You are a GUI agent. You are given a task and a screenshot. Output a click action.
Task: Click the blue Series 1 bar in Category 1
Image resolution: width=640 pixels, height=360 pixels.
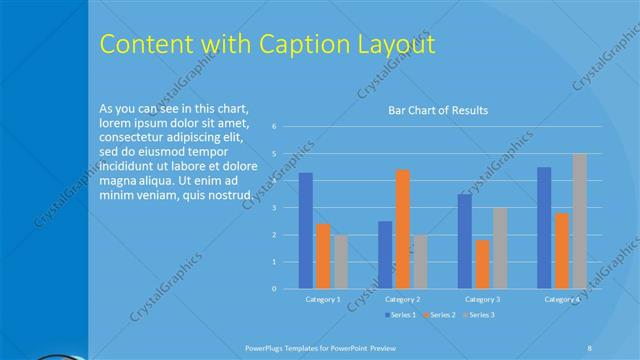(306, 231)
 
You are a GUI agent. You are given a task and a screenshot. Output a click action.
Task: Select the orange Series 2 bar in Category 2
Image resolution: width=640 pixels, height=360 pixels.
(402, 229)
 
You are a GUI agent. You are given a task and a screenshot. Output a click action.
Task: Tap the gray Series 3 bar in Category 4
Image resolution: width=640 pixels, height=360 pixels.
(579, 221)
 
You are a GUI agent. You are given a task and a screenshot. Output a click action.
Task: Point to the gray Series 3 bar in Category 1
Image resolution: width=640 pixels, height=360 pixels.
(341, 262)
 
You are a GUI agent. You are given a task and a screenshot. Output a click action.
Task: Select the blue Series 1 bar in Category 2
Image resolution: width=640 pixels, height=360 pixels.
(385, 255)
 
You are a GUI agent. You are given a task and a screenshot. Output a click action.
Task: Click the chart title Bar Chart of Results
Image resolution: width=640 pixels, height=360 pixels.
(438, 110)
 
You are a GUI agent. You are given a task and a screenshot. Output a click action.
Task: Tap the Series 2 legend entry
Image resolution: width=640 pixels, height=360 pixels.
(441, 315)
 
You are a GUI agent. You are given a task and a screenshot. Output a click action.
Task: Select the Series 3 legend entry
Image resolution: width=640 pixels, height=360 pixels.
(479, 315)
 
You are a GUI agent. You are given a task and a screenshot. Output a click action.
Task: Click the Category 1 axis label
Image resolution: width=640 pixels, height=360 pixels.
(322, 299)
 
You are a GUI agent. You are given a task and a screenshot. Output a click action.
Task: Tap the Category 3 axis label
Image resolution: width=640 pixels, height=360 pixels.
(482, 299)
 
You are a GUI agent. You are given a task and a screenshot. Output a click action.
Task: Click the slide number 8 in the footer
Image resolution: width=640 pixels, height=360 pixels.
(590, 346)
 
